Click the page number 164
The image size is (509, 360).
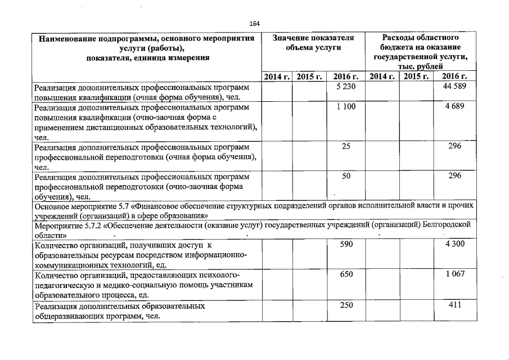tap(255, 23)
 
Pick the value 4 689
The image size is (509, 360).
tap(455, 106)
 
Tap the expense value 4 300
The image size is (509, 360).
tap(455, 245)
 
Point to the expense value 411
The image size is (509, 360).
tap(455, 305)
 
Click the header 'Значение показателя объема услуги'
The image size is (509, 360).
tap(313, 43)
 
